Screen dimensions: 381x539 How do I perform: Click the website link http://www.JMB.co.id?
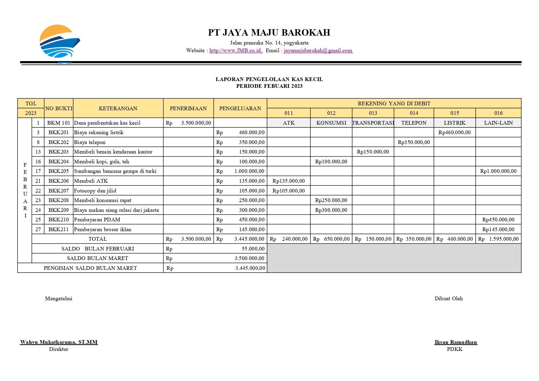[x=236, y=51]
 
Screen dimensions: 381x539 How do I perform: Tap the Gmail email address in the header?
[x=318, y=51]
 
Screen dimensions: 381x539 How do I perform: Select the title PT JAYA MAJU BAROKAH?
[x=269, y=33]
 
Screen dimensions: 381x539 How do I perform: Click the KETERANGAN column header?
[x=118, y=108]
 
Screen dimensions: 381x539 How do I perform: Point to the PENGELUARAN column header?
[x=240, y=108]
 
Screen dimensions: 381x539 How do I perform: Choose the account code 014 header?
[x=414, y=113]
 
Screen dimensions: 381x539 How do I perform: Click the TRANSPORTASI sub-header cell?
[x=373, y=123]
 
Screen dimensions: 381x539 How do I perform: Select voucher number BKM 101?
[x=59, y=123]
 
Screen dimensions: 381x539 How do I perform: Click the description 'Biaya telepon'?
[x=90, y=142]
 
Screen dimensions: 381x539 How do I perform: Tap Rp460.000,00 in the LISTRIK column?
[x=454, y=132]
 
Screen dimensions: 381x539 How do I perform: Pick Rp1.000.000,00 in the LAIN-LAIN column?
[x=498, y=171]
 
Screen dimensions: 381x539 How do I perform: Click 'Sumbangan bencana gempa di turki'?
[x=115, y=171]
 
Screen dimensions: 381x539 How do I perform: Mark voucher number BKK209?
[x=59, y=210]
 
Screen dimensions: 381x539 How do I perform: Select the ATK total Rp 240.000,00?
[x=289, y=239]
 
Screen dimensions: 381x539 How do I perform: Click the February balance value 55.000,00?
[x=253, y=249]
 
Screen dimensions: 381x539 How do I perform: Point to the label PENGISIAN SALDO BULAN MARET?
[x=90, y=268]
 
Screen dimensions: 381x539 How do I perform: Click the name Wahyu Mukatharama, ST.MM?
[x=59, y=342]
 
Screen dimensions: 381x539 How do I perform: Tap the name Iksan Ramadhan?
[x=455, y=342]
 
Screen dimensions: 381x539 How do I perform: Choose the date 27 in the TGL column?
[x=38, y=229]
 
